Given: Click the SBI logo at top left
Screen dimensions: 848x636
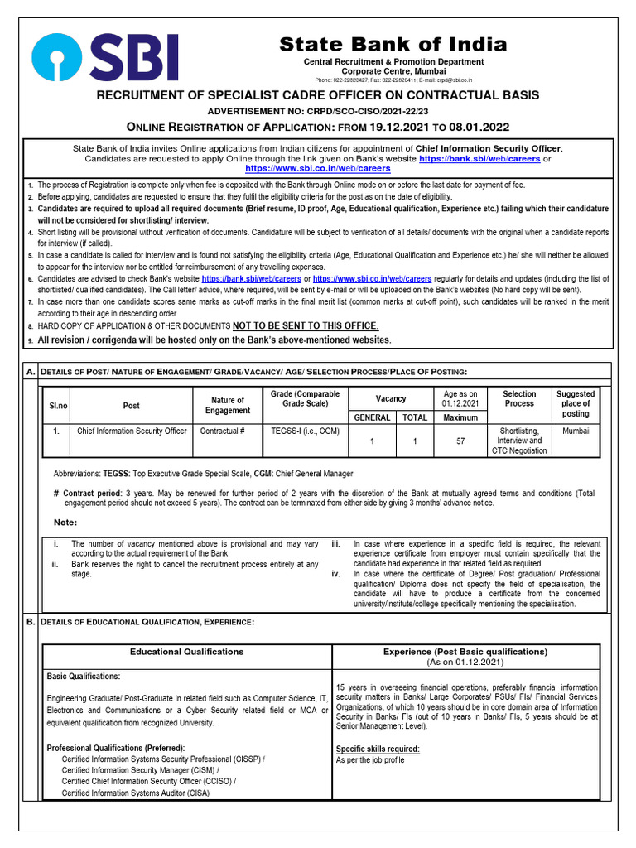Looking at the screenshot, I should pyautogui.click(x=105, y=57).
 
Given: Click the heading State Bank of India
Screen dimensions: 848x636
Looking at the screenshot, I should pyautogui.click(x=393, y=44).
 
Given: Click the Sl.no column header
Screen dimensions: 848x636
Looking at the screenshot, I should pyautogui.click(x=57, y=405).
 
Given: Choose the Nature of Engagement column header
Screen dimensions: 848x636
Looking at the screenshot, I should pyautogui.click(x=228, y=405).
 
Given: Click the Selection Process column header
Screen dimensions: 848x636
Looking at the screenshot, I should pyautogui.click(x=519, y=398).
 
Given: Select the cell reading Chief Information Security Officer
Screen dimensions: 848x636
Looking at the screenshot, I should pyautogui.click(x=131, y=431).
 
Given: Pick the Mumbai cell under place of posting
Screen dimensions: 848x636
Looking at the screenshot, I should pyautogui.click(x=575, y=431).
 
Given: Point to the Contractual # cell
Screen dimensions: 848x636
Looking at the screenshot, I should pyautogui.click(x=223, y=431).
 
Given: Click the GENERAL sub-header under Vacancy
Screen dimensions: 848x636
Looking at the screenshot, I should pyautogui.click(x=372, y=418).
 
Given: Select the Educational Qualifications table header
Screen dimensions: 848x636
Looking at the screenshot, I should pyautogui.click(x=186, y=652).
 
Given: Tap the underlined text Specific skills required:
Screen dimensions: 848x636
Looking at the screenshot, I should pyautogui.click(x=377, y=749).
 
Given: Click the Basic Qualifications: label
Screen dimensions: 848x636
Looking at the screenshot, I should pyautogui.click(x=84, y=677).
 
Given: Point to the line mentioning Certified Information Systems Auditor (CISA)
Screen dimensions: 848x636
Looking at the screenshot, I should pyautogui.click(x=136, y=793).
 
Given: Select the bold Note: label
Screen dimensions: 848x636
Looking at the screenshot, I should pyautogui.click(x=65, y=522).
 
